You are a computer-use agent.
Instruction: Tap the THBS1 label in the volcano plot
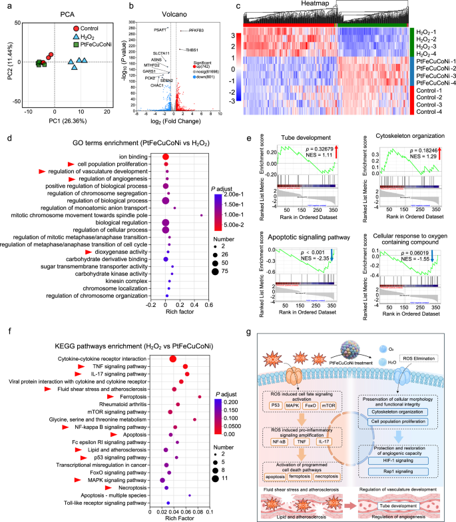(x=192, y=50)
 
